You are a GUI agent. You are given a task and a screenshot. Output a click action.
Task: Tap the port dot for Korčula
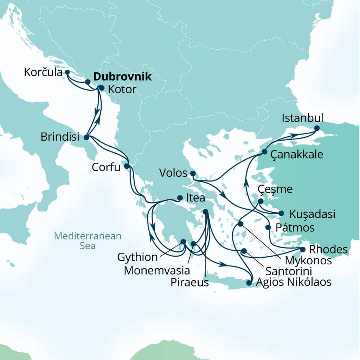point(67,72)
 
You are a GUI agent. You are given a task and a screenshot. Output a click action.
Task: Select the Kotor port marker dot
point(102,88)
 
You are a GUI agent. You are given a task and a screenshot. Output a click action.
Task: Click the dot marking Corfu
point(127,166)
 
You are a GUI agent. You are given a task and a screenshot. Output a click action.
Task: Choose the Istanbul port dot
point(317,128)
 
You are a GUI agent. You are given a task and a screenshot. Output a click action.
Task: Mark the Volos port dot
point(193,173)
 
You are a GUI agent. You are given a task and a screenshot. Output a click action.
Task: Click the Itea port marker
point(180,198)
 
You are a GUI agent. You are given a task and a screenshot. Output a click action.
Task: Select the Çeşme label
point(275,189)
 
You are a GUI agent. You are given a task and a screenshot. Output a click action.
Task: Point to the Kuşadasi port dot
point(281,213)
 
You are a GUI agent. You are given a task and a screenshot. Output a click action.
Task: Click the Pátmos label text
point(294,227)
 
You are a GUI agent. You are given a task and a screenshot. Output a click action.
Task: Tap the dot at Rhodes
point(302,249)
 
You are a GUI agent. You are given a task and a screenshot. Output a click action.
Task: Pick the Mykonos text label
point(308,261)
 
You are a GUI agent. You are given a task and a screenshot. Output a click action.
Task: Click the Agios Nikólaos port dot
point(249,283)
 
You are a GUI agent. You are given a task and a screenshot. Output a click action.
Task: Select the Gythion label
point(137,257)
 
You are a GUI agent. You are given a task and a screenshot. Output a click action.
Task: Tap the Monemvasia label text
point(157,271)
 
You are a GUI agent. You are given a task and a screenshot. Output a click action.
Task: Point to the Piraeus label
point(189,283)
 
